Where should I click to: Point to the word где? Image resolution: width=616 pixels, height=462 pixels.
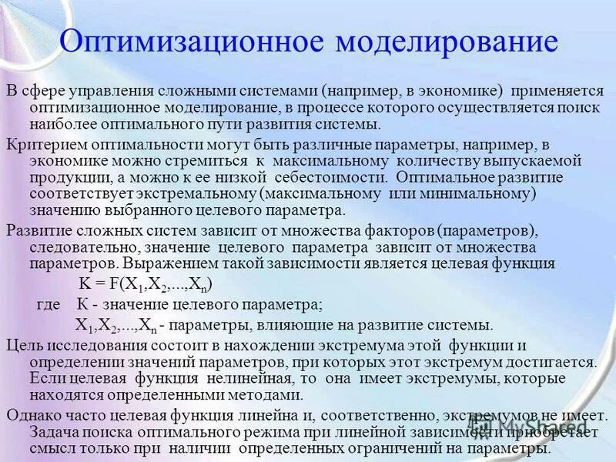(x=48, y=303)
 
